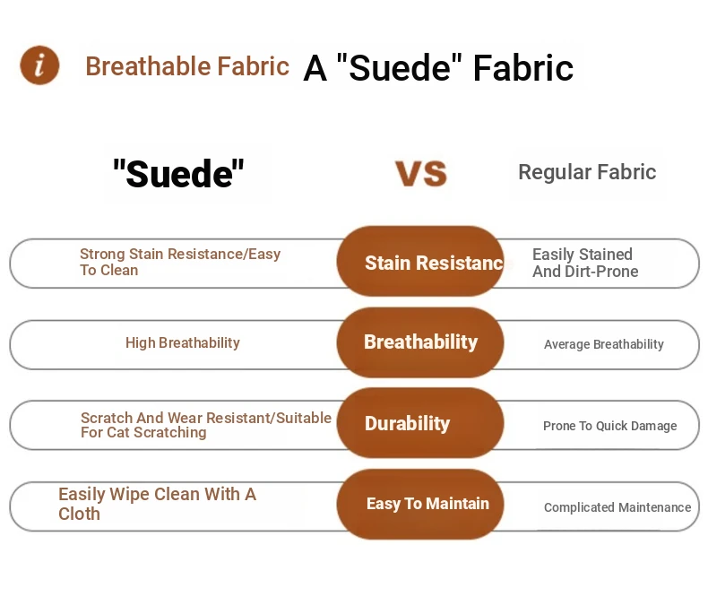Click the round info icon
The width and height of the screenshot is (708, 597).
(39, 65)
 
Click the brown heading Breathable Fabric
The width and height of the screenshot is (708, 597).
(187, 66)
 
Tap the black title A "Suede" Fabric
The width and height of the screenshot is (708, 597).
(438, 68)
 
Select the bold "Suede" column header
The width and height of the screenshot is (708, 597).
(178, 173)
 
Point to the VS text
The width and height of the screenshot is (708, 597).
(421, 173)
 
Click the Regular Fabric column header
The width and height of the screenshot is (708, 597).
(587, 172)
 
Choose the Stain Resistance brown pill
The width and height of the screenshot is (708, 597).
(420, 261)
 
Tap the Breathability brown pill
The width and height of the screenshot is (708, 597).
(420, 342)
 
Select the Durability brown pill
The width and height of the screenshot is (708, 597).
(420, 423)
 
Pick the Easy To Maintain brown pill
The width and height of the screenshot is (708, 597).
(420, 504)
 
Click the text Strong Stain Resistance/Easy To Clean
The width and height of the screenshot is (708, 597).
(180, 262)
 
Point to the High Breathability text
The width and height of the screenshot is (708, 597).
(183, 342)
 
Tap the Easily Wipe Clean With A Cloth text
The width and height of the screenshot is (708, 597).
(157, 504)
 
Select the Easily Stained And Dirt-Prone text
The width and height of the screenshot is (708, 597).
(585, 263)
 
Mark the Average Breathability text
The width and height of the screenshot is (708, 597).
(604, 344)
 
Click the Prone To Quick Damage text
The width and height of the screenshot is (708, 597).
(610, 426)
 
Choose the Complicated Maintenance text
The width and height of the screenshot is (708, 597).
(617, 507)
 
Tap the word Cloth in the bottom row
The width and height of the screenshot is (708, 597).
(79, 514)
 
